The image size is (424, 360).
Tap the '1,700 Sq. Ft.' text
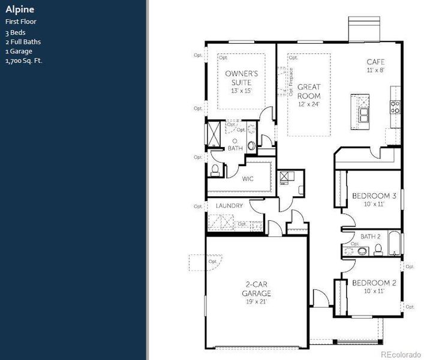tap(24, 61)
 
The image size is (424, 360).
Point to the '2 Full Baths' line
tap(23, 41)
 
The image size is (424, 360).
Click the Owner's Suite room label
tap(241, 77)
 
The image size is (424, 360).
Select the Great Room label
tap(309, 91)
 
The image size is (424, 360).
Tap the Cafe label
tap(375, 62)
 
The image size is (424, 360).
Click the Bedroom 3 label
tap(374, 196)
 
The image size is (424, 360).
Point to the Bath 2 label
tap(371, 236)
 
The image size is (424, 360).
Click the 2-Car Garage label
tap(256, 289)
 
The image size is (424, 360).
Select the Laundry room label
tap(229, 206)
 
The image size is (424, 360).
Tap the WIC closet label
tap(248, 179)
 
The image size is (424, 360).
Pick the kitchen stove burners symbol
tap(395, 107)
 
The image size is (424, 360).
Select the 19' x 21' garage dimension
tap(256, 302)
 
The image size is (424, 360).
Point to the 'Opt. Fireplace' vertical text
tap(291, 83)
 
